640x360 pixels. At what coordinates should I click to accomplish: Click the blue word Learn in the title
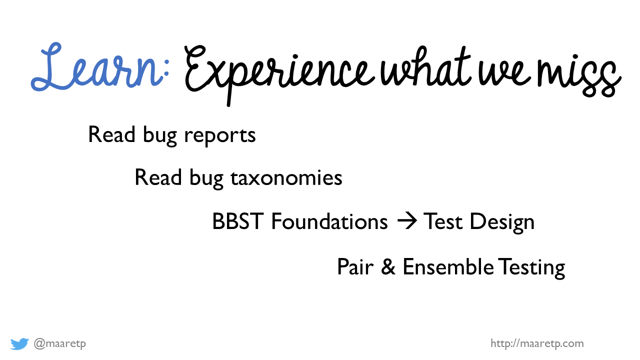tap(97, 67)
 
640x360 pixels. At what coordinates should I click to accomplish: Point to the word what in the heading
tap(425, 66)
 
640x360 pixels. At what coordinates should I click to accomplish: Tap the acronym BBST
tap(237, 221)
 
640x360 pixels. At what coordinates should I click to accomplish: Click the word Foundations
tap(329, 221)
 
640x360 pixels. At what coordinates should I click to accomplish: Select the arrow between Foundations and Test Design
tap(407, 221)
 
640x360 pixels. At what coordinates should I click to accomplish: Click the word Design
tap(502, 223)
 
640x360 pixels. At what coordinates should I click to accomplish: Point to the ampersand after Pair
tap(388, 267)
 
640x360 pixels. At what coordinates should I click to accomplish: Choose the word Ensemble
tap(448, 266)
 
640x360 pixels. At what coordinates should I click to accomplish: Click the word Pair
tap(355, 267)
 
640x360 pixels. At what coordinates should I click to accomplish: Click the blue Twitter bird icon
tap(19, 343)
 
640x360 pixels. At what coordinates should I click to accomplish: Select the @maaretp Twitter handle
tap(59, 343)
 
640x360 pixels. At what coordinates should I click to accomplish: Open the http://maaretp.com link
tap(537, 343)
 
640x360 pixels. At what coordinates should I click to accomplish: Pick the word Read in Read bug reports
tap(111, 134)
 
